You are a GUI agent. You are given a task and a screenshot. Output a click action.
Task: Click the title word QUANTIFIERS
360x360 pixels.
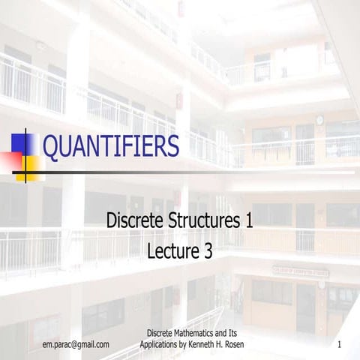click(110, 146)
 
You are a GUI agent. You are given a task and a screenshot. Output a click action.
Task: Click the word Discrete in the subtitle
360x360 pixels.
click(133, 221)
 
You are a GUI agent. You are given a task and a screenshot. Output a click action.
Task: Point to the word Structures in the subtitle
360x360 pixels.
click(199, 221)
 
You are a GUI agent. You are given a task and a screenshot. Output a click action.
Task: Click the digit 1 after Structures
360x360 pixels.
click(248, 221)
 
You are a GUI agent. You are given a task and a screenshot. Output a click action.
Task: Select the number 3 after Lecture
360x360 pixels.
click(208, 251)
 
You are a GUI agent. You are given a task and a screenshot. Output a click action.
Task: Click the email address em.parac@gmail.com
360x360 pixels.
click(76, 344)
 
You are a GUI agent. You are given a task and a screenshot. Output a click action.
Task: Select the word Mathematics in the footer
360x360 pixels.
click(192, 333)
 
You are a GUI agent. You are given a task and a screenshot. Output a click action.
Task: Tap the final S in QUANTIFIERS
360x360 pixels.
click(172, 146)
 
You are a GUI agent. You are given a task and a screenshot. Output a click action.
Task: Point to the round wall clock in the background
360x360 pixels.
click(319, 120)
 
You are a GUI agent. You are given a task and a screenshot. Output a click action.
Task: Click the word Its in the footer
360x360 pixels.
click(233, 333)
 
